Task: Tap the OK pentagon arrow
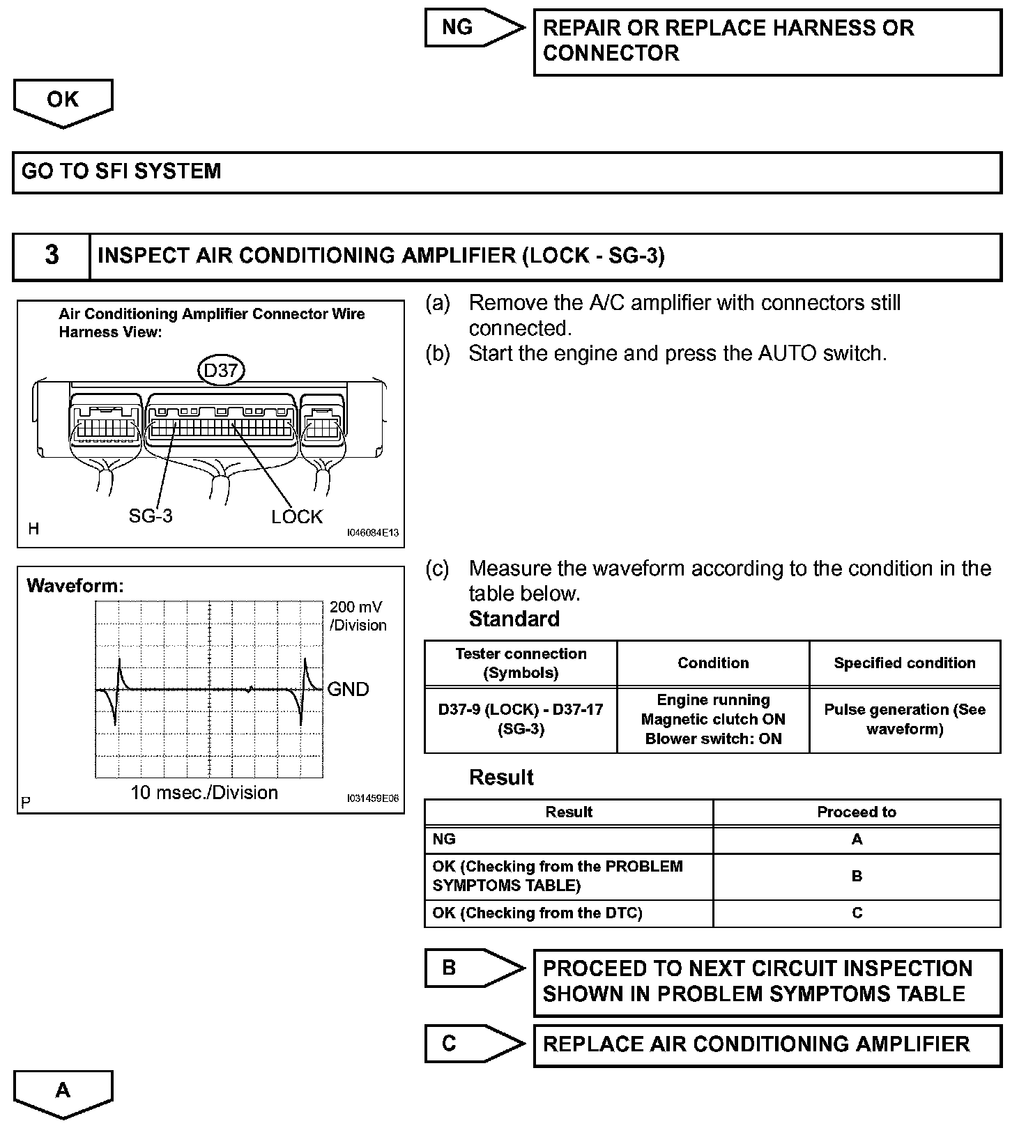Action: [x=63, y=101]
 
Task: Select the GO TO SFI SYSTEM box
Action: [x=507, y=172]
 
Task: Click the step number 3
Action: [x=52, y=256]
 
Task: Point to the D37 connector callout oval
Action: [x=221, y=371]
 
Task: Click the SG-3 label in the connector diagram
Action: [x=151, y=516]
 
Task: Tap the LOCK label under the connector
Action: [x=297, y=517]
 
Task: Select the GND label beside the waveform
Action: [x=348, y=689]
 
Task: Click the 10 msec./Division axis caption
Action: [x=204, y=793]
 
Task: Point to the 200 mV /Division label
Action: [x=358, y=616]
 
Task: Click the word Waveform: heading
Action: [x=75, y=586]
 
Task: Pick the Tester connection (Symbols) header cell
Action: [x=521, y=663]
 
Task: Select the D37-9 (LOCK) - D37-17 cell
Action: [x=521, y=719]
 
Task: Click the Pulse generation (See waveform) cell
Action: [x=905, y=719]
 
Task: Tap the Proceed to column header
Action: [x=857, y=812]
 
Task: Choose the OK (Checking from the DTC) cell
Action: [x=568, y=913]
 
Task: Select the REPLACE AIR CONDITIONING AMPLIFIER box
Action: [x=767, y=1045]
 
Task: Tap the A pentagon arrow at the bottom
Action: [x=63, y=1091]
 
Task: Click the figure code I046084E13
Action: [x=373, y=533]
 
